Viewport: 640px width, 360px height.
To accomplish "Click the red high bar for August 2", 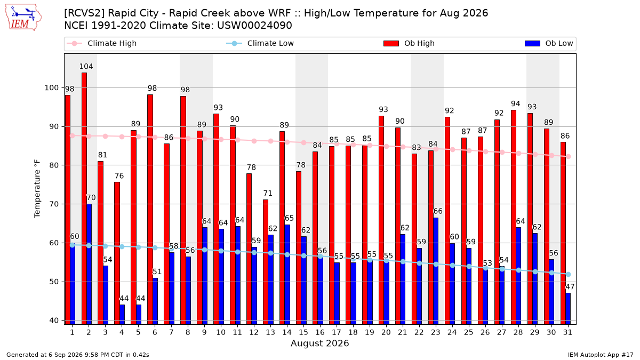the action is [84, 198].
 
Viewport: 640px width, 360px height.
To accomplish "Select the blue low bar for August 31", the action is [568, 309].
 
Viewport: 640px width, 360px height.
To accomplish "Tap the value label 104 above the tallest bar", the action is [86, 67].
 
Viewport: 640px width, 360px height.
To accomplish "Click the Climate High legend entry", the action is [102, 43].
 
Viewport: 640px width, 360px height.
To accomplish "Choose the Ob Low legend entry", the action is [549, 43].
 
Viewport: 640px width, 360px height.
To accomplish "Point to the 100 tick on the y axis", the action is [51, 87].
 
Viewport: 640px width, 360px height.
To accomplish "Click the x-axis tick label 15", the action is [303, 332].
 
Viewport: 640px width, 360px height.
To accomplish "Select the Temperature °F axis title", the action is [37, 189].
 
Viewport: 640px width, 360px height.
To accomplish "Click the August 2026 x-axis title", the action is [319, 343].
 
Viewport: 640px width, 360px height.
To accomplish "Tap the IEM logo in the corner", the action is [23, 18].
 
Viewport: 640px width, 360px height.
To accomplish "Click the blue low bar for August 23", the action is [436, 271].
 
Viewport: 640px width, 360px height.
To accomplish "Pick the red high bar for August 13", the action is [266, 262].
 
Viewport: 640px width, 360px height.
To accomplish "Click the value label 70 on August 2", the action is [91, 198].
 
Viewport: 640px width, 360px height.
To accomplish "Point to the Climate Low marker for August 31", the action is [569, 274].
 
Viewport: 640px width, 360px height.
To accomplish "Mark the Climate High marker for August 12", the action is [254, 141].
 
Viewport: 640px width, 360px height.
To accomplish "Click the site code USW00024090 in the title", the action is [254, 26].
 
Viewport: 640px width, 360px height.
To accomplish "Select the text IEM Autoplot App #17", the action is [601, 355].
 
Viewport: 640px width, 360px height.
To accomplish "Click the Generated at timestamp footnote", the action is [78, 355].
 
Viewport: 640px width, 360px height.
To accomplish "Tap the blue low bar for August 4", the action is [122, 315].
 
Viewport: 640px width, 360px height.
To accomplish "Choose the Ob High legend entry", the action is [409, 43].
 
